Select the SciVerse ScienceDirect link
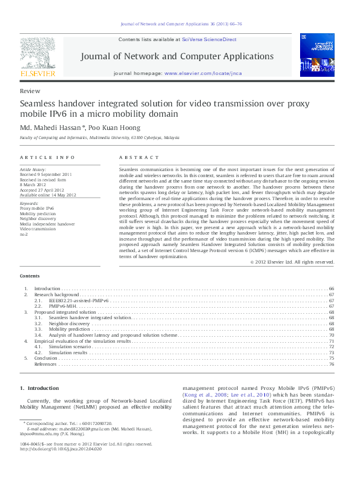[209, 39]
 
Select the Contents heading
[30, 275]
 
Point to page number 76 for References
[332, 365]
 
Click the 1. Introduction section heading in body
[39, 388]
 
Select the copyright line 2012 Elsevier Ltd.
[292, 262]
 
